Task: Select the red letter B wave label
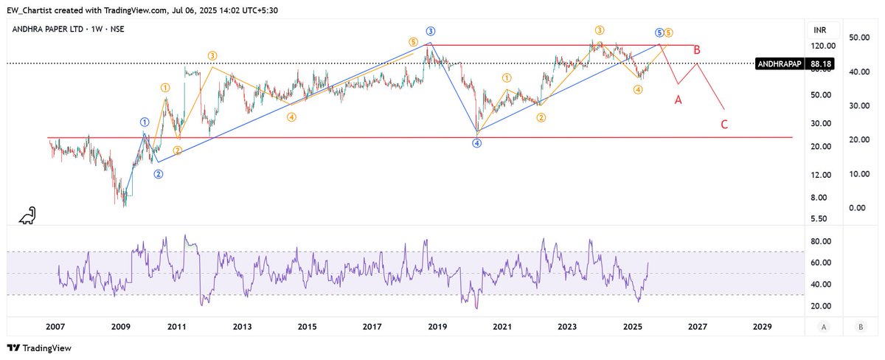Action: [x=696, y=51]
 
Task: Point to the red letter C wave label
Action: [x=725, y=124]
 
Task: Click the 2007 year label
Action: [x=57, y=326]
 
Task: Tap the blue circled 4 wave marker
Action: [x=477, y=143]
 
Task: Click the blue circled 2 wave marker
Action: [x=159, y=174]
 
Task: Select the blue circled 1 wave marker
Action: [x=145, y=122]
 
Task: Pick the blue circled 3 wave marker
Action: [x=430, y=31]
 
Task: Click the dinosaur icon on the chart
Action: [x=28, y=215]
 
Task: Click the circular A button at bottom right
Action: [x=824, y=326]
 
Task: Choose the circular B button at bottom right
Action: [x=859, y=326]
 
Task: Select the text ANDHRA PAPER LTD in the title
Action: [x=46, y=30]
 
